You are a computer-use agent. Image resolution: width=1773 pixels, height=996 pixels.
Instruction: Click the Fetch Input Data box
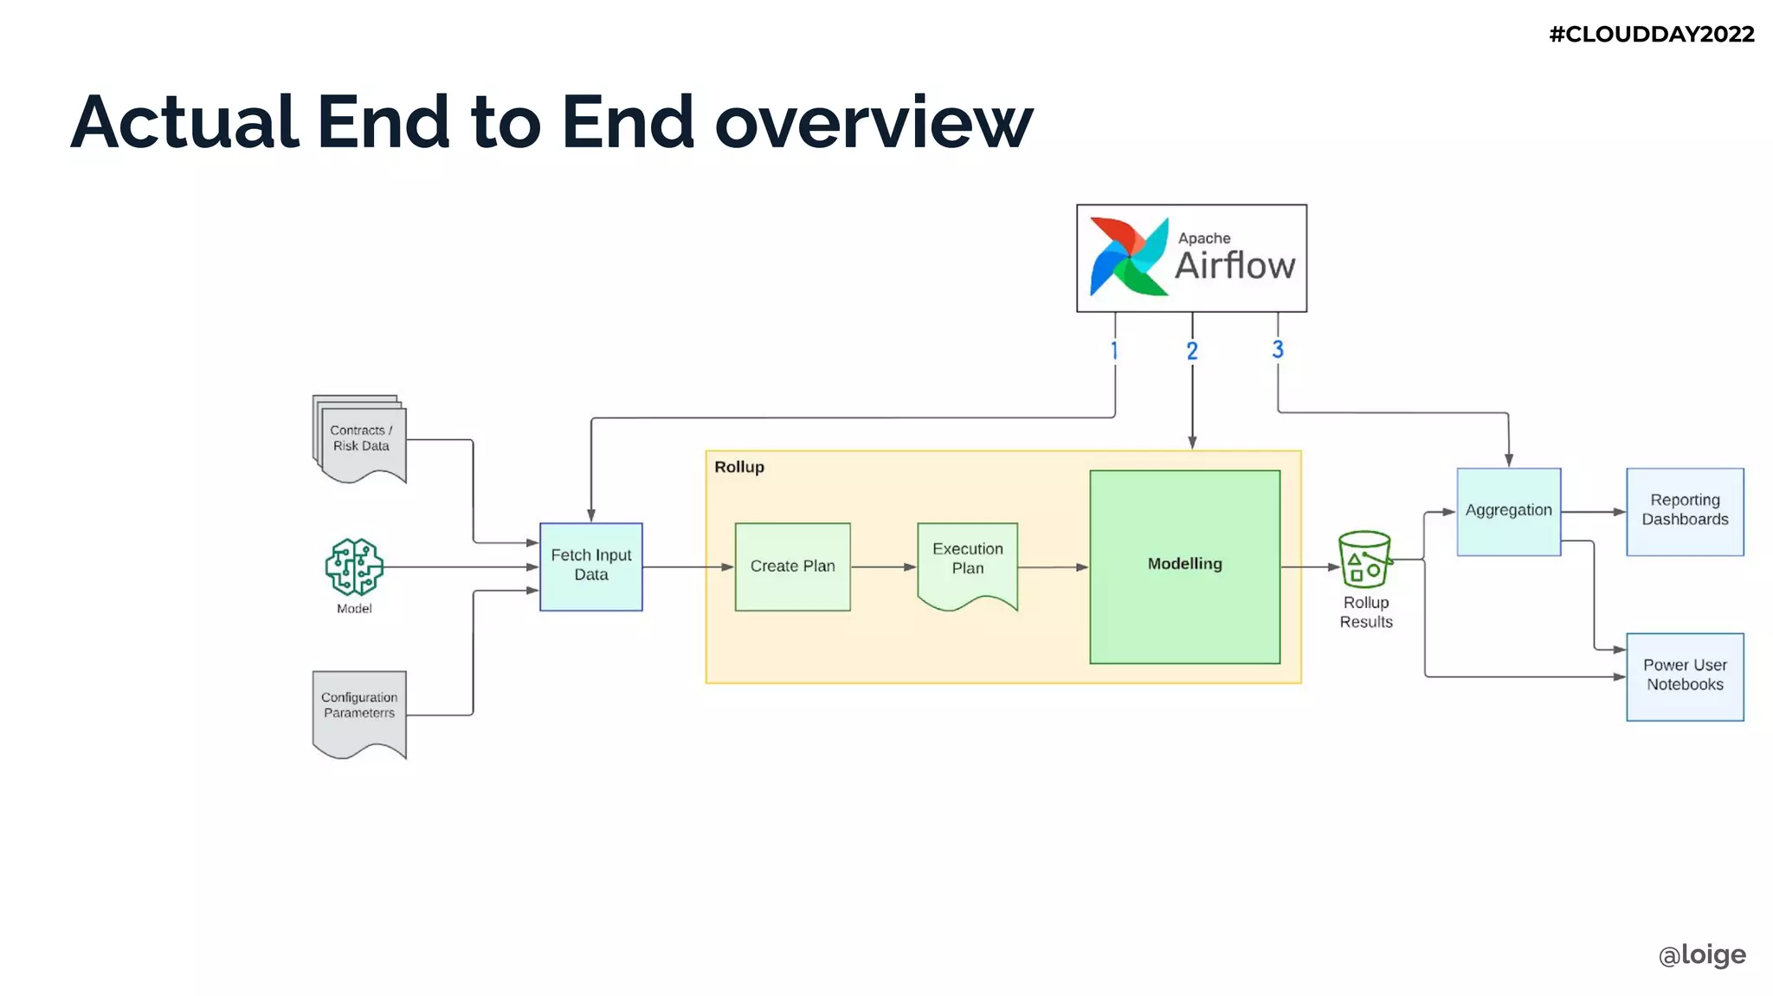590,566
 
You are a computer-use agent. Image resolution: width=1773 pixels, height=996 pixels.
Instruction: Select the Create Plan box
792,566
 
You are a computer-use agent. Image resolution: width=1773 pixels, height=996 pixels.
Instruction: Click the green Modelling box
1184,566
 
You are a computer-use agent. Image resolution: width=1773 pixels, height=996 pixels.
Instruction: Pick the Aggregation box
1508,511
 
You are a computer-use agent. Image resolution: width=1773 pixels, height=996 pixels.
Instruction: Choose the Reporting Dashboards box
1684,511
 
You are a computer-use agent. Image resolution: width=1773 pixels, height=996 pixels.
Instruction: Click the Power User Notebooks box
1684,676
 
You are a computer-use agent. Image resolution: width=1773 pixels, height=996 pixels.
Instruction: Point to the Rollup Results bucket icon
1364,559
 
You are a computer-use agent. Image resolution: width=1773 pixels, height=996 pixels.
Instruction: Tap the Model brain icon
354,566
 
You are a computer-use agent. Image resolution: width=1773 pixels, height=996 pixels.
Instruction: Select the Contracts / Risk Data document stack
360,439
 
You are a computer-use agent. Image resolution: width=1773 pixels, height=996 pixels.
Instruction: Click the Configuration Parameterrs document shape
359,710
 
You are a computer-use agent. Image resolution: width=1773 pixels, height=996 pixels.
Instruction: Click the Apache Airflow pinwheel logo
1128,257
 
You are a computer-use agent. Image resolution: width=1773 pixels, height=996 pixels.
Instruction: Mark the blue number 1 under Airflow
1114,351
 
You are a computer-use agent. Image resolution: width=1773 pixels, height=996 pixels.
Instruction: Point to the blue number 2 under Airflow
1192,351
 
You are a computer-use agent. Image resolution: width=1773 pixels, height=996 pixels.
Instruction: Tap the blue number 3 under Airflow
1277,349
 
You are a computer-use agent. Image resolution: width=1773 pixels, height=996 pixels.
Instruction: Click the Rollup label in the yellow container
738,467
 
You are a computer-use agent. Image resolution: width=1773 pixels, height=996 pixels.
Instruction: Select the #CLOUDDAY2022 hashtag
1651,35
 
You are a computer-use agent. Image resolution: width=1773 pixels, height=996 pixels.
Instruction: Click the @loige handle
1701,954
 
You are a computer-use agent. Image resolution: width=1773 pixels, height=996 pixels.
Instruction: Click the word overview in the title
874,122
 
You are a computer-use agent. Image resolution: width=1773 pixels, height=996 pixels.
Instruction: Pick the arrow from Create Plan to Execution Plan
883,566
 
